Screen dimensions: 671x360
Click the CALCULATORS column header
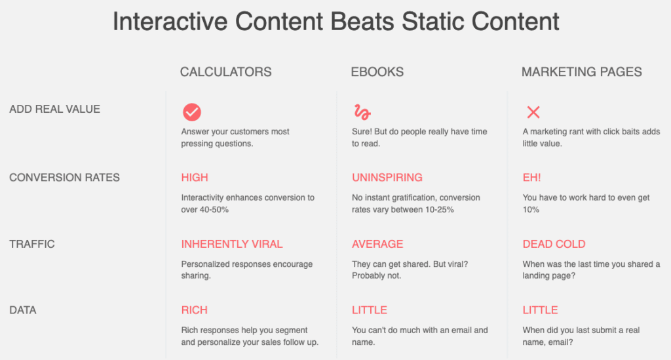(x=225, y=71)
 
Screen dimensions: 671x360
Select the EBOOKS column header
(x=377, y=71)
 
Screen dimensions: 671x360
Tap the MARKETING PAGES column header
(x=582, y=71)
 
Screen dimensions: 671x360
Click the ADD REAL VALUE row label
(x=55, y=109)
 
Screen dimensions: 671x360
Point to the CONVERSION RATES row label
(x=65, y=178)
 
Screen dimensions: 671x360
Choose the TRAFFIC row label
(x=32, y=244)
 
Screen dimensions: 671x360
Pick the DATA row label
(x=23, y=310)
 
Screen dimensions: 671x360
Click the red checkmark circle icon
(x=192, y=112)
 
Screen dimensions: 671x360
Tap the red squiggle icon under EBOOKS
(x=362, y=112)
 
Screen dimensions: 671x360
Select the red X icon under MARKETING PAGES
(x=533, y=112)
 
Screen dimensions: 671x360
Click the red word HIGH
(x=195, y=178)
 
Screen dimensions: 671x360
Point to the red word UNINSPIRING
(x=387, y=178)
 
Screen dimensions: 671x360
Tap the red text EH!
(x=532, y=178)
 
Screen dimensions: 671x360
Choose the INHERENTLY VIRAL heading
(x=232, y=244)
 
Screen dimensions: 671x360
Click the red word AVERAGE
(x=377, y=244)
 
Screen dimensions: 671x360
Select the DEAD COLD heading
(x=554, y=244)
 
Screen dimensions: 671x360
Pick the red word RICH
(x=194, y=310)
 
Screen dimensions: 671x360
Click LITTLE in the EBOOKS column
(x=370, y=310)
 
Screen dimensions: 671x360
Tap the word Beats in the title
(x=362, y=21)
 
